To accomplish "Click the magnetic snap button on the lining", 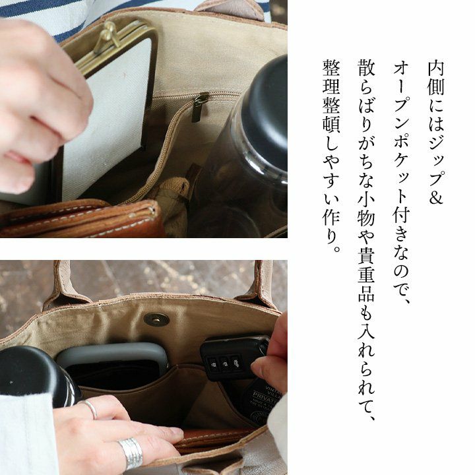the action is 156,319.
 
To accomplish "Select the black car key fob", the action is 234,358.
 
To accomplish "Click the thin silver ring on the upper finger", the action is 90,409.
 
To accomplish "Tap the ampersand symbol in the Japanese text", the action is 435,196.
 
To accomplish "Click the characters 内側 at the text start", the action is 435,78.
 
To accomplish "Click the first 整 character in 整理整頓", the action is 331,68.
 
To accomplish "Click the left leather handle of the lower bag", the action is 65,285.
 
